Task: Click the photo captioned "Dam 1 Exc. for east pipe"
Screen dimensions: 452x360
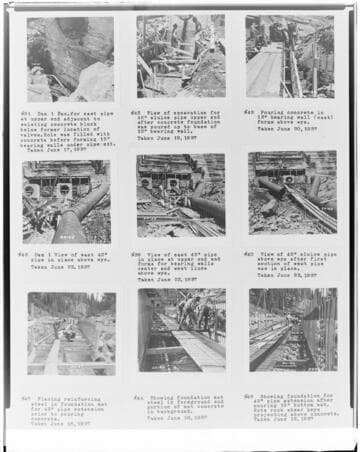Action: click(70, 59)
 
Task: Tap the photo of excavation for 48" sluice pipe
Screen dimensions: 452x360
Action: click(181, 56)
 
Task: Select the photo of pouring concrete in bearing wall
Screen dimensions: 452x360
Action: click(290, 56)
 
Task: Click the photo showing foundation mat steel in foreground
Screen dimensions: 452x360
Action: click(181, 331)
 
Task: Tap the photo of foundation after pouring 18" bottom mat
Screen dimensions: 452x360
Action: click(293, 331)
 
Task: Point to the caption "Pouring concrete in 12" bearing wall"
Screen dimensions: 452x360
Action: click(291, 117)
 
